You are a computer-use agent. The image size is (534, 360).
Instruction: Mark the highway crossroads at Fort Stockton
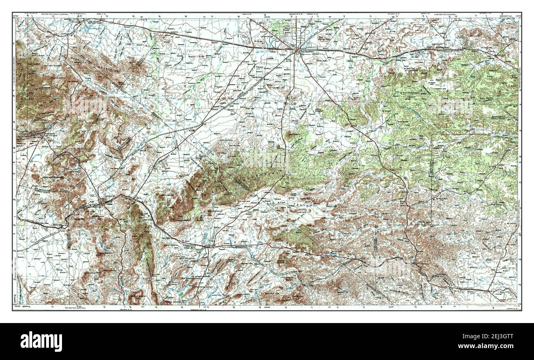(x=297, y=50)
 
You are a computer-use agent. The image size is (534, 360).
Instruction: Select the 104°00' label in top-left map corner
(x=16, y=15)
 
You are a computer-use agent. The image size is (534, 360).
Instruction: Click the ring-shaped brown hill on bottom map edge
(x=136, y=297)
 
